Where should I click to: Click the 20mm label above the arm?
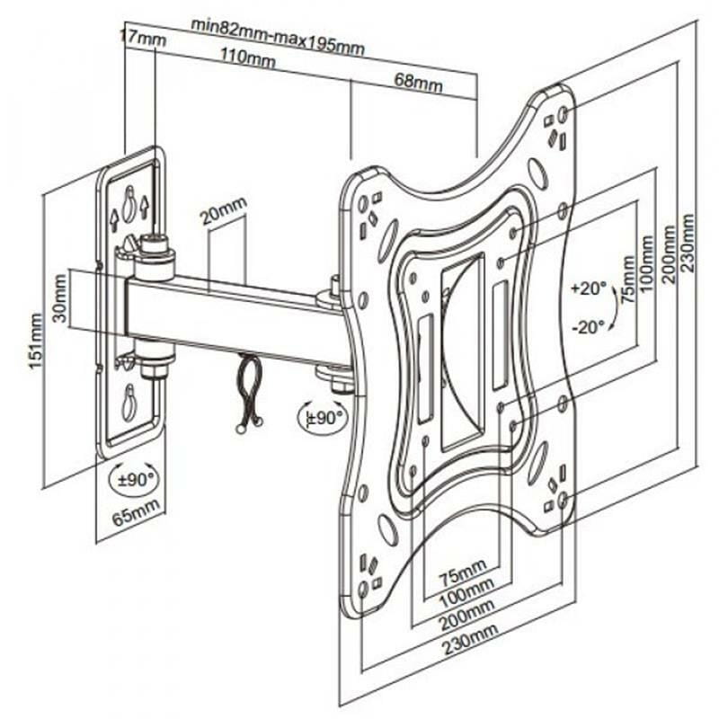(223, 216)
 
